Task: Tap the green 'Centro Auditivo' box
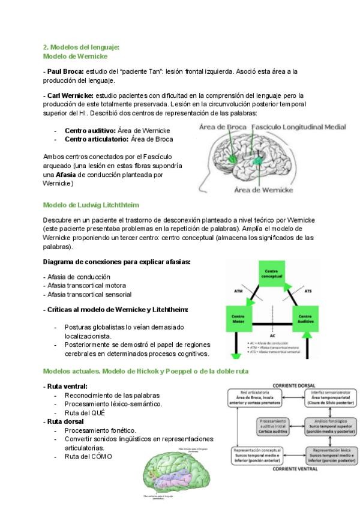[x=304, y=319]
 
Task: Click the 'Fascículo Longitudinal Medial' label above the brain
[x=298, y=127]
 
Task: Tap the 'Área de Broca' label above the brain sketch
[x=223, y=127]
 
